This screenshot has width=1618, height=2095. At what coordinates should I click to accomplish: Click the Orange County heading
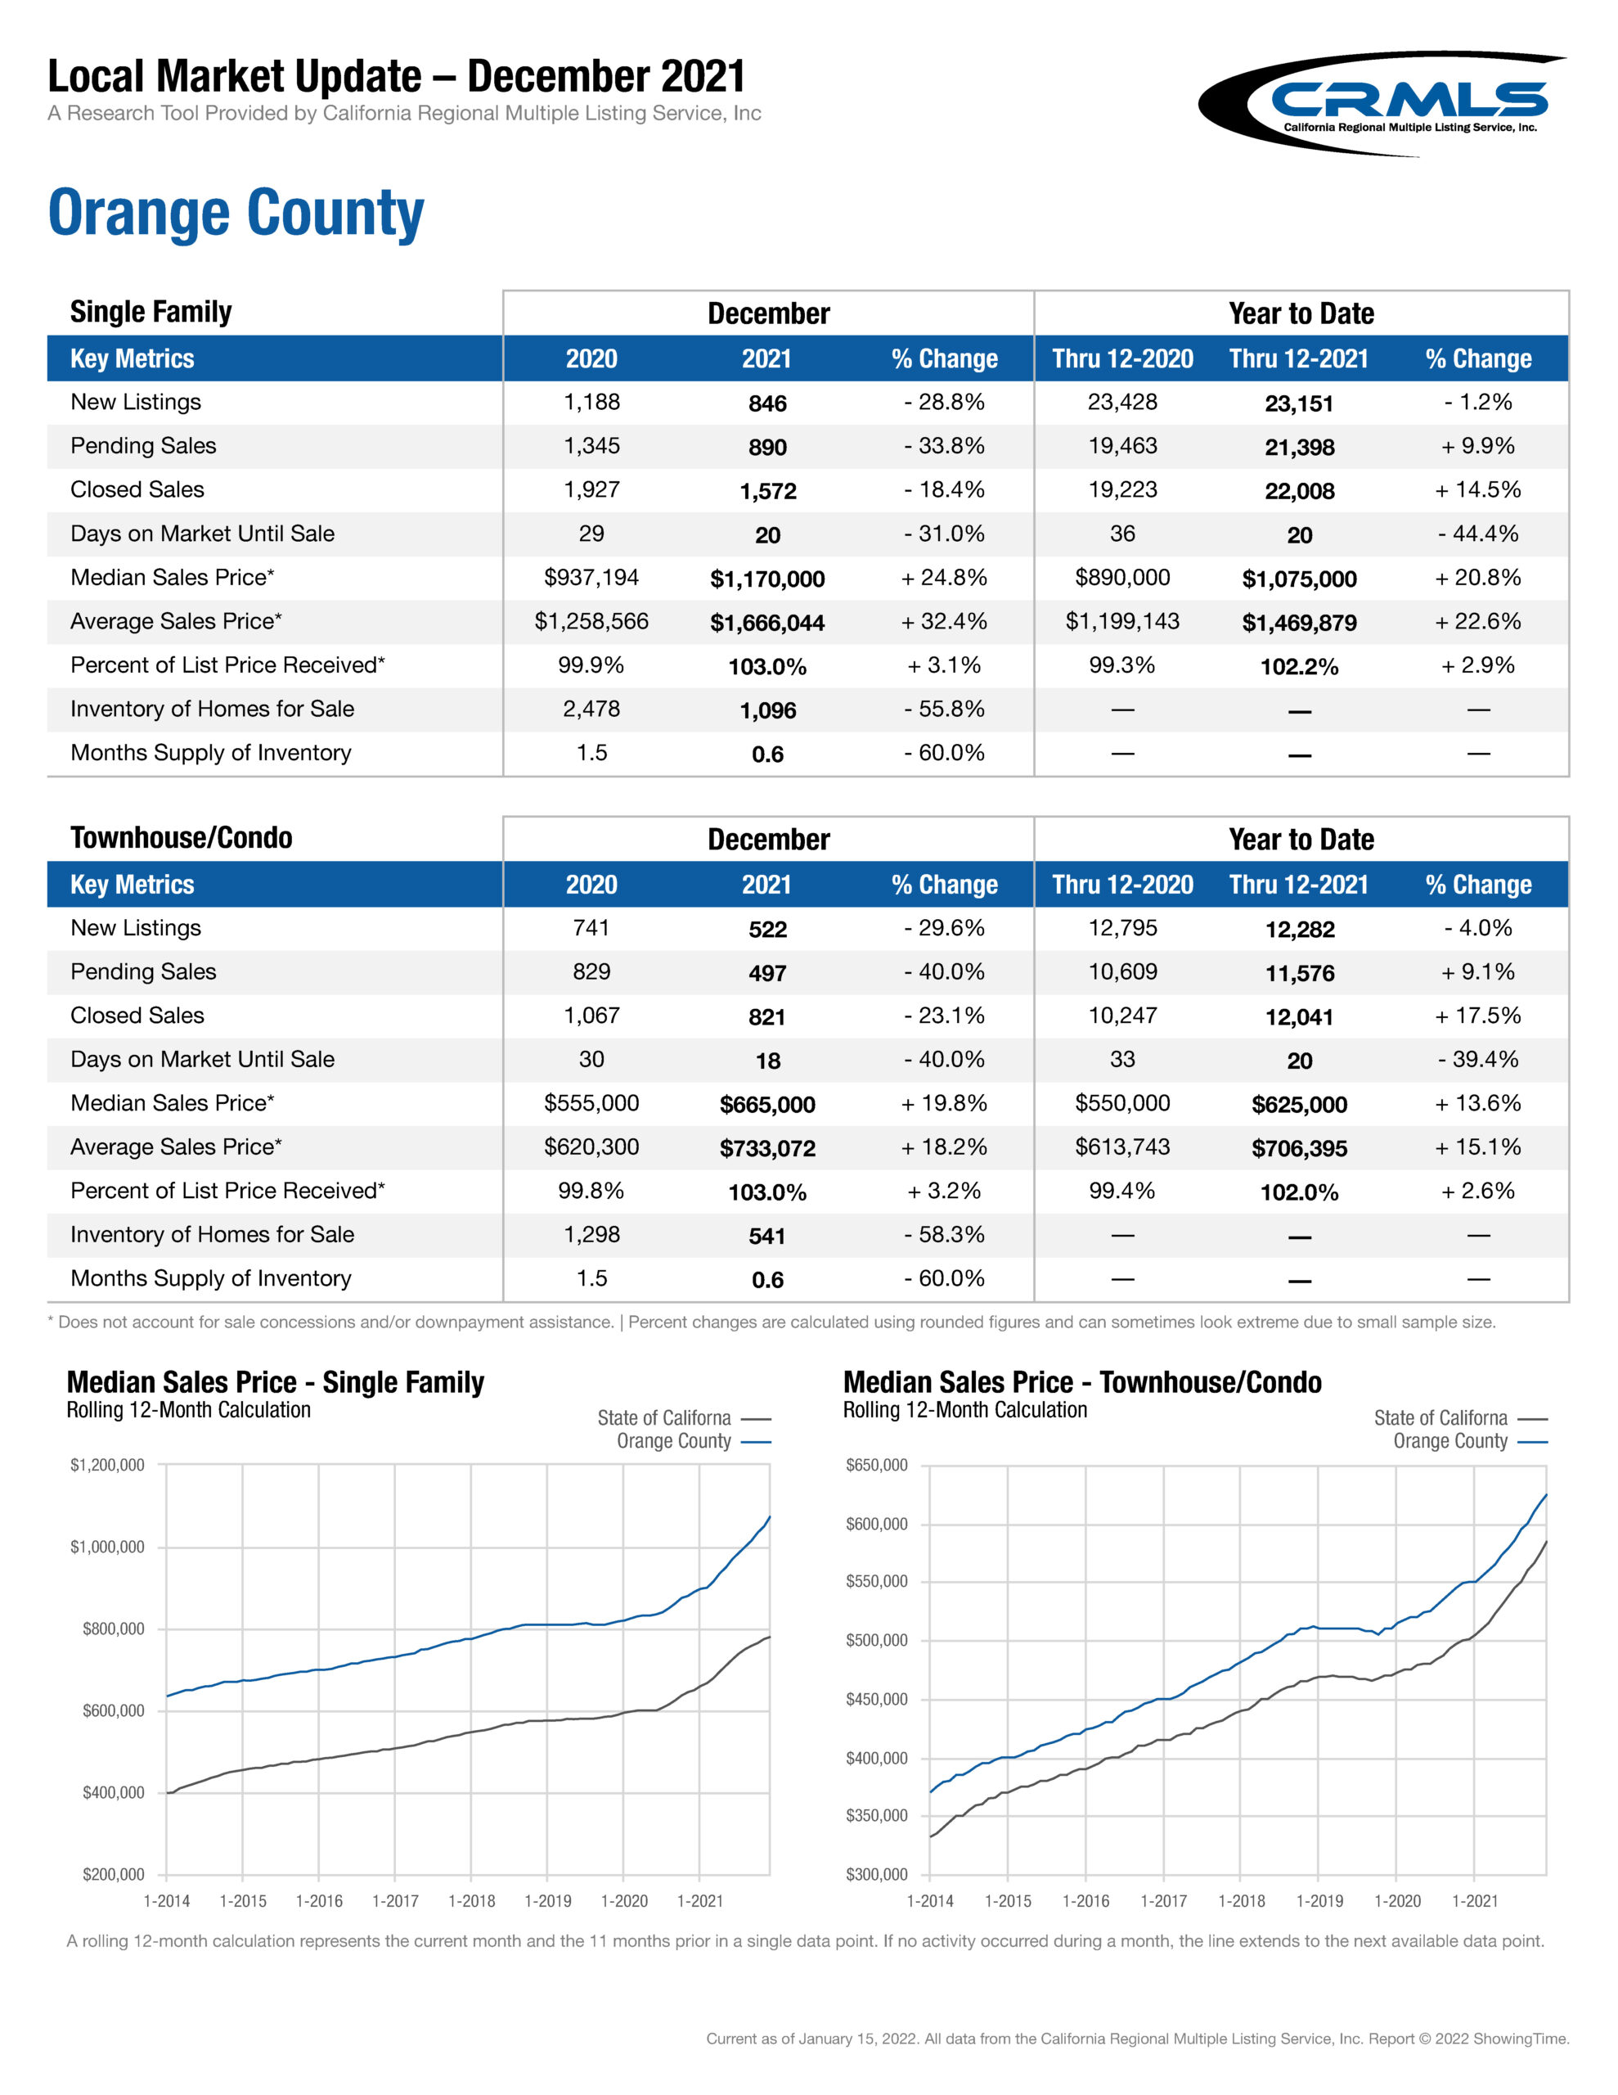(236, 212)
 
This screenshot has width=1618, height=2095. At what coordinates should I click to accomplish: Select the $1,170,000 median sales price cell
(767, 579)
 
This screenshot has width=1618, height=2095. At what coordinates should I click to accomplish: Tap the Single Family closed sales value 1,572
(767, 491)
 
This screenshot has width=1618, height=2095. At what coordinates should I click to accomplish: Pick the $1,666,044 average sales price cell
(767, 623)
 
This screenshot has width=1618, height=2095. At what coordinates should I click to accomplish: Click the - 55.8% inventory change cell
(944, 709)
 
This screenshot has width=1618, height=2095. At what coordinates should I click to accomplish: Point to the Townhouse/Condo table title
(182, 837)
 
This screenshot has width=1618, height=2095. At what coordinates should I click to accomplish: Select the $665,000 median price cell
(767, 1104)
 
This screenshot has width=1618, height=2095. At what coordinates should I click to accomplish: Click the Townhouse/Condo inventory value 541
(767, 1236)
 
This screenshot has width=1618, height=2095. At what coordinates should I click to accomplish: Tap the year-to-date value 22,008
(1300, 491)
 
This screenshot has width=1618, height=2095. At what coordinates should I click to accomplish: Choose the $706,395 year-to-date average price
(1300, 1148)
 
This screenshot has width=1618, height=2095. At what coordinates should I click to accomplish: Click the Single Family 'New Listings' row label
(136, 402)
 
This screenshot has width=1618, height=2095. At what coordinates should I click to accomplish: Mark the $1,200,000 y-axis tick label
(107, 1465)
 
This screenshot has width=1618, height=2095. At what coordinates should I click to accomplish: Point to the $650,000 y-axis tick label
(875, 1465)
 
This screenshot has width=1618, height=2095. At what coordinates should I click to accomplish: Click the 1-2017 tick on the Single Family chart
(395, 1900)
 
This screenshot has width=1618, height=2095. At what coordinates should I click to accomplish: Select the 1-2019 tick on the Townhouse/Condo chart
(1319, 1900)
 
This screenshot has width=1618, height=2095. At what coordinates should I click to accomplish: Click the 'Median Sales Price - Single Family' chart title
(276, 1382)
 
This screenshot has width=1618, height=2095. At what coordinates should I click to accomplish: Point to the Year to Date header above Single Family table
(1301, 313)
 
